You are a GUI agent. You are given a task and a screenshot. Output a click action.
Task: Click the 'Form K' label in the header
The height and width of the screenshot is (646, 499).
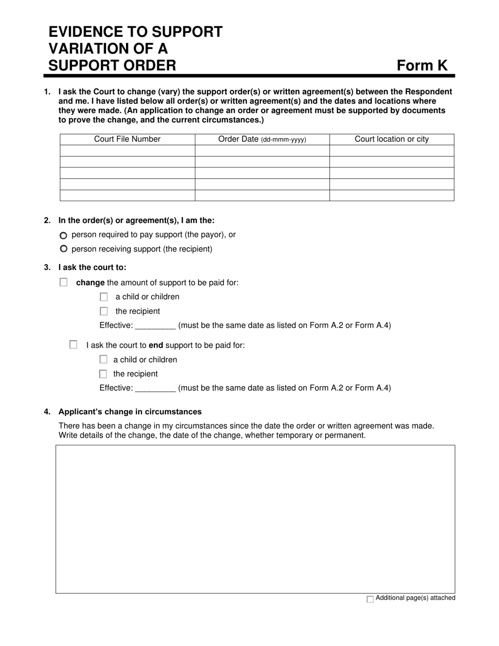(422, 65)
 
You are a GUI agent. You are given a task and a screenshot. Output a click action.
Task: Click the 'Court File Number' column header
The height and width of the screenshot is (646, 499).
(127, 139)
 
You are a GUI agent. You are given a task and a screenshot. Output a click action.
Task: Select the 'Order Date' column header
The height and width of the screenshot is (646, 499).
(262, 139)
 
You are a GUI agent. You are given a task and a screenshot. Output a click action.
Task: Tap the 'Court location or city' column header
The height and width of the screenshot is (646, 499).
(391, 139)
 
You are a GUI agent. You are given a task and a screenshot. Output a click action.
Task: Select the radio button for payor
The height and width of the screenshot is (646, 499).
(64, 235)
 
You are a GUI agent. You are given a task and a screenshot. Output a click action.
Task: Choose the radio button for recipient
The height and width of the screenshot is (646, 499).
(64, 249)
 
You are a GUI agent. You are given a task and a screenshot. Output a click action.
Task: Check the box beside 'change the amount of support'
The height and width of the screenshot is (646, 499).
(64, 283)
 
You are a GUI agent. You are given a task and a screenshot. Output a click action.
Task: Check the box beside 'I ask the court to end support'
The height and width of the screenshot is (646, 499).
(74, 345)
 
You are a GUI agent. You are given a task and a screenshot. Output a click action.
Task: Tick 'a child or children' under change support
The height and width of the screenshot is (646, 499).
(103, 297)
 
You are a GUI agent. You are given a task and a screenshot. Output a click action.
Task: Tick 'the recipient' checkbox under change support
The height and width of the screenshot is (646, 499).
(103, 311)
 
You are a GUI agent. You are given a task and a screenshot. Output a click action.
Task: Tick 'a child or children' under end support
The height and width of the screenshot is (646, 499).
(103, 360)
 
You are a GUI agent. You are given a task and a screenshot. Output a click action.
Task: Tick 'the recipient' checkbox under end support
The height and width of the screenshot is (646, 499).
(103, 374)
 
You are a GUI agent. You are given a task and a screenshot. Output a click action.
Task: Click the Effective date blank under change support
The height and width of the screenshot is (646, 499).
(155, 326)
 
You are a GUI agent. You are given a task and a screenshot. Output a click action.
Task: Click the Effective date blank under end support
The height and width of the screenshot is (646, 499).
(155, 388)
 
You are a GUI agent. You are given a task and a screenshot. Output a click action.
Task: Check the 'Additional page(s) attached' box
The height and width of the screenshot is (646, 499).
(370, 599)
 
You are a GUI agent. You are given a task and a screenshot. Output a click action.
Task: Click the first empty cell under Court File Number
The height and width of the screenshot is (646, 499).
(127, 151)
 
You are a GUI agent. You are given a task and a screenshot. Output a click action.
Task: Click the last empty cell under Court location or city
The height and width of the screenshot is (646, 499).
(391, 195)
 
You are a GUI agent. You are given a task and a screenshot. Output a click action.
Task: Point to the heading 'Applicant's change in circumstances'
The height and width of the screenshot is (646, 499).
(130, 412)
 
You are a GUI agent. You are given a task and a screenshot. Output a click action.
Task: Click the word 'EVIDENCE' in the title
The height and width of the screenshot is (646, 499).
(90, 32)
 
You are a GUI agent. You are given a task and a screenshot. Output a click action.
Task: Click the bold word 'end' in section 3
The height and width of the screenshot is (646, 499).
(156, 346)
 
